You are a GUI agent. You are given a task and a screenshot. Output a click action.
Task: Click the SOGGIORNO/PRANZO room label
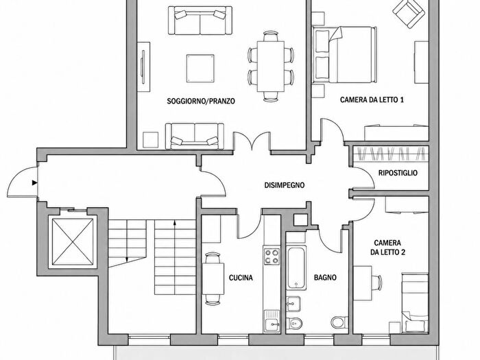(x=201, y=101)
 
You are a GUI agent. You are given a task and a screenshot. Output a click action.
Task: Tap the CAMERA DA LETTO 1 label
(x=372, y=100)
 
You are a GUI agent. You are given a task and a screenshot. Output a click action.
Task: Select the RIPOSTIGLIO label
(x=398, y=173)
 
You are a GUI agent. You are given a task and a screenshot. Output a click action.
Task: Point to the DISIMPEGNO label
(x=285, y=185)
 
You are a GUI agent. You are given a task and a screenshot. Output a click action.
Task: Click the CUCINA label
(x=241, y=278)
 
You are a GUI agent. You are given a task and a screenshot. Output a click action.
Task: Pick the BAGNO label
(x=325, y=278)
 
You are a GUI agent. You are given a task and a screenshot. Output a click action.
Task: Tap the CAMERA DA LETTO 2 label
(x=387, y=248)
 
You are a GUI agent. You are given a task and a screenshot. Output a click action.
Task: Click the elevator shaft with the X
(x=73, y=242)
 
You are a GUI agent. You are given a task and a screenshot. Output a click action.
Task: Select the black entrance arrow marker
(x=34, y=183)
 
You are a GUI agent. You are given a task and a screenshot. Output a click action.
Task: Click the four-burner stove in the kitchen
(x=272, y=256)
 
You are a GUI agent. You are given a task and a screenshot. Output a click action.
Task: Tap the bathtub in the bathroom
(x=296, y=267)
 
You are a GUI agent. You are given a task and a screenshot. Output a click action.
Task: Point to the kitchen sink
(x=272, y=321)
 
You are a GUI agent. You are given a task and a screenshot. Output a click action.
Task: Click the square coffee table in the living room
(x=200, y=69)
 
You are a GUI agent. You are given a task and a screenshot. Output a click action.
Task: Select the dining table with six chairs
(x=271, y=66)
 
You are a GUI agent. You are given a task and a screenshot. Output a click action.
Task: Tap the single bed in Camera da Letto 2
(x=415, y=302)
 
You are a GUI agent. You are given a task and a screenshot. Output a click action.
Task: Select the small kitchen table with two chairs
(x=213, y=278)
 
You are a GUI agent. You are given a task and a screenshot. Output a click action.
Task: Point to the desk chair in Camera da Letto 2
(x=377, y=283)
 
